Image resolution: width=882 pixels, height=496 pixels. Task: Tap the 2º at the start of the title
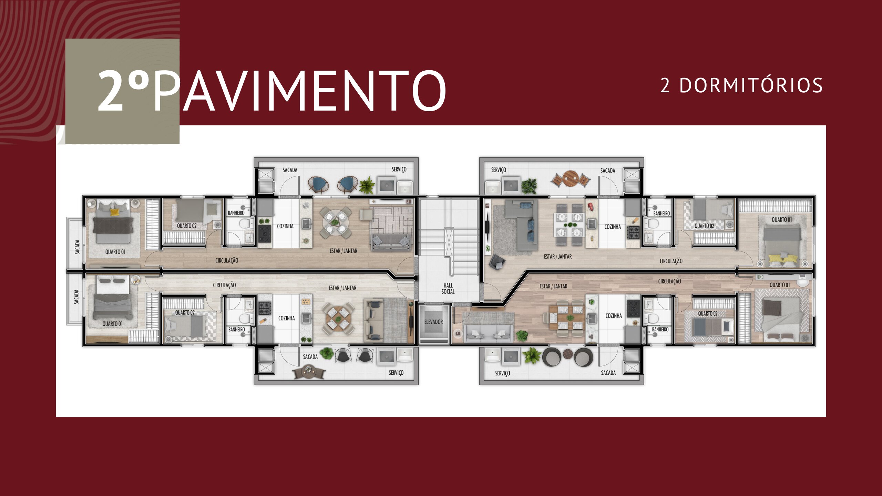coord(123,91)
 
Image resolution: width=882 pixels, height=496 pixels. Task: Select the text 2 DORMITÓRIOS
coord(741,85)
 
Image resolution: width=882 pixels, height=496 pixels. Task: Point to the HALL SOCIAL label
coord(448,289)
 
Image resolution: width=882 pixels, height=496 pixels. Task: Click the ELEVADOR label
coord(433,322)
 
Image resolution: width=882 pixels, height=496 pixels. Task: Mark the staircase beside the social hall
coord(449,238)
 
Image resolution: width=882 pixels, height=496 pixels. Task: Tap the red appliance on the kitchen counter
coord(591,207)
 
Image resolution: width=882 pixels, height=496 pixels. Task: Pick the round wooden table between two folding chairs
coord(571,179)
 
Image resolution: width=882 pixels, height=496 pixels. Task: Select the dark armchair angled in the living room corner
coord(498,262)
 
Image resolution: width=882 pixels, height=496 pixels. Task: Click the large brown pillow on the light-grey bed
coord(769,308)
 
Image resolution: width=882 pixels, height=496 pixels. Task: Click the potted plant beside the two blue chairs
coord(367,185)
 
